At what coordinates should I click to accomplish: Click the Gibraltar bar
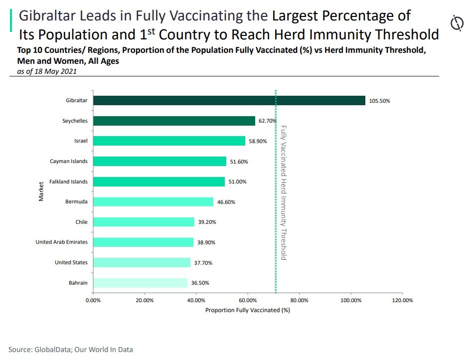coord(229,100)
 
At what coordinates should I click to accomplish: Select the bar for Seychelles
coord(174,121)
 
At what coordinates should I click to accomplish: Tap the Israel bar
coord(169,141)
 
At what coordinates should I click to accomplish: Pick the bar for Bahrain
coord(140,283)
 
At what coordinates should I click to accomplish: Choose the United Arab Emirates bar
coord(143,242)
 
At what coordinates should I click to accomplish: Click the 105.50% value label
coord(379,101)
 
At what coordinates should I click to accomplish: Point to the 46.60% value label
coord(226,202)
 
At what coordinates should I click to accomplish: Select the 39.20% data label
coord(207,222)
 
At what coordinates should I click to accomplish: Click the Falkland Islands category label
coord(68,181)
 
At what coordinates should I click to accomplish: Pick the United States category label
coord(71,262)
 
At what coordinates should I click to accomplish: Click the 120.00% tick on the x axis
coord(402,301)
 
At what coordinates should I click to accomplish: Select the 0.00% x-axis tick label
coord(93,301)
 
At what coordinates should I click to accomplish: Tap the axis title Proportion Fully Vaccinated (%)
coord(247,310)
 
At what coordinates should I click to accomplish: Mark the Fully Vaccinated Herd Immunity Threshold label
coord(284,192)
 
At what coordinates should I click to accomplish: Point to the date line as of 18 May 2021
coord(47,71)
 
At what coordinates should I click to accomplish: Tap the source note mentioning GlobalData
coord(71,350)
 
